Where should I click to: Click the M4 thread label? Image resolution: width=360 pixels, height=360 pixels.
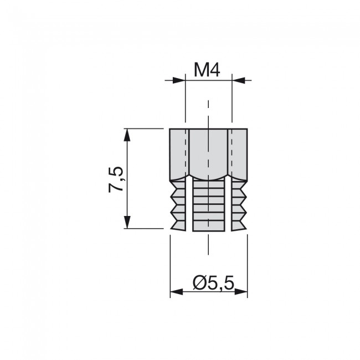coord(208,70)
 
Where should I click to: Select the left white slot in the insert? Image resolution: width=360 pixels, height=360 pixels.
coord(189,205)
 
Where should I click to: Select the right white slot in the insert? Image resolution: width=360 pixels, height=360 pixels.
coord(227,205)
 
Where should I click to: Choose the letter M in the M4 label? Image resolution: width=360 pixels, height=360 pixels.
coord(200,70)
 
